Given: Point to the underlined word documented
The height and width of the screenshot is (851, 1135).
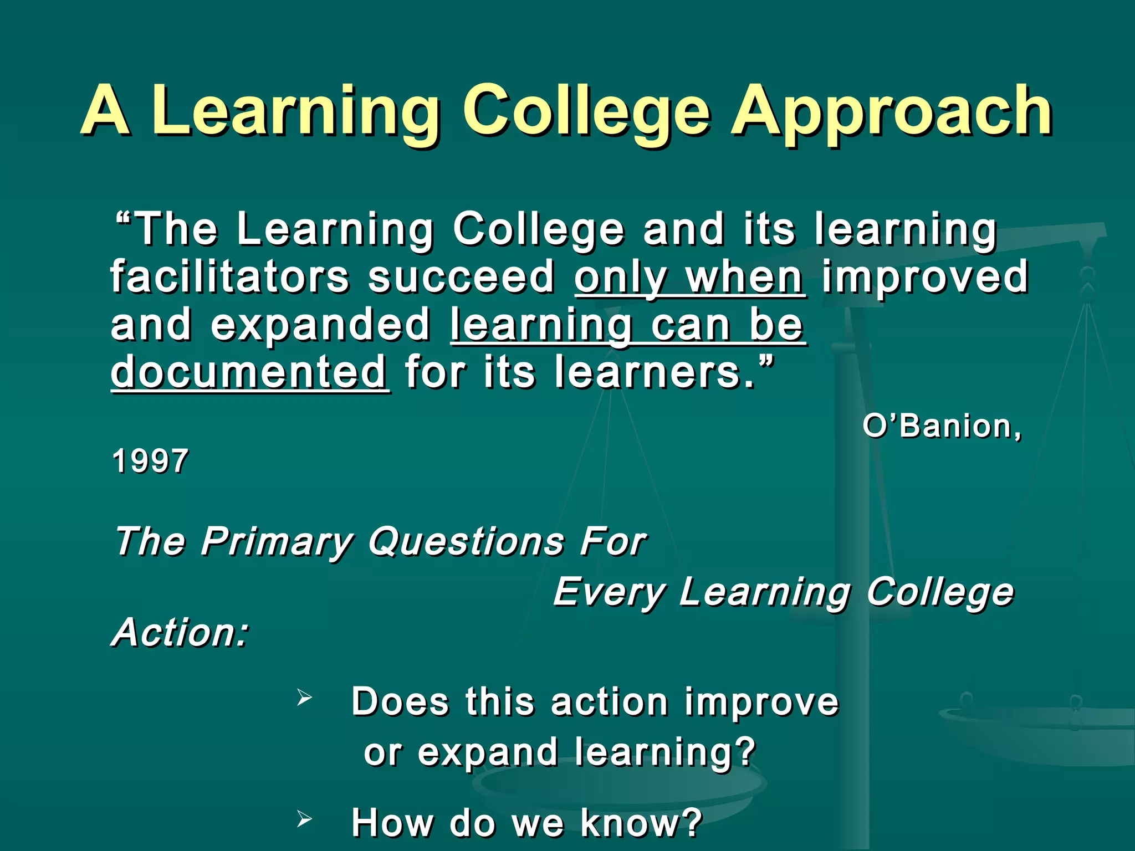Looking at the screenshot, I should (249, 372).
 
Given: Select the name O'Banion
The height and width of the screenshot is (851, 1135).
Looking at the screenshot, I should (941, 426).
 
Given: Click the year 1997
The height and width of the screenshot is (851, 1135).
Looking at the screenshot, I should (150, 461).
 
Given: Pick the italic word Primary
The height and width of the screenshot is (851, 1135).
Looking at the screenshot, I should (277, 541).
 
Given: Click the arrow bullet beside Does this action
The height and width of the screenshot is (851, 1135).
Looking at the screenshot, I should (304, 697).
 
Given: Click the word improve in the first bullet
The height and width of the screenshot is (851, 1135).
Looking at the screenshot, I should (761, 702).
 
